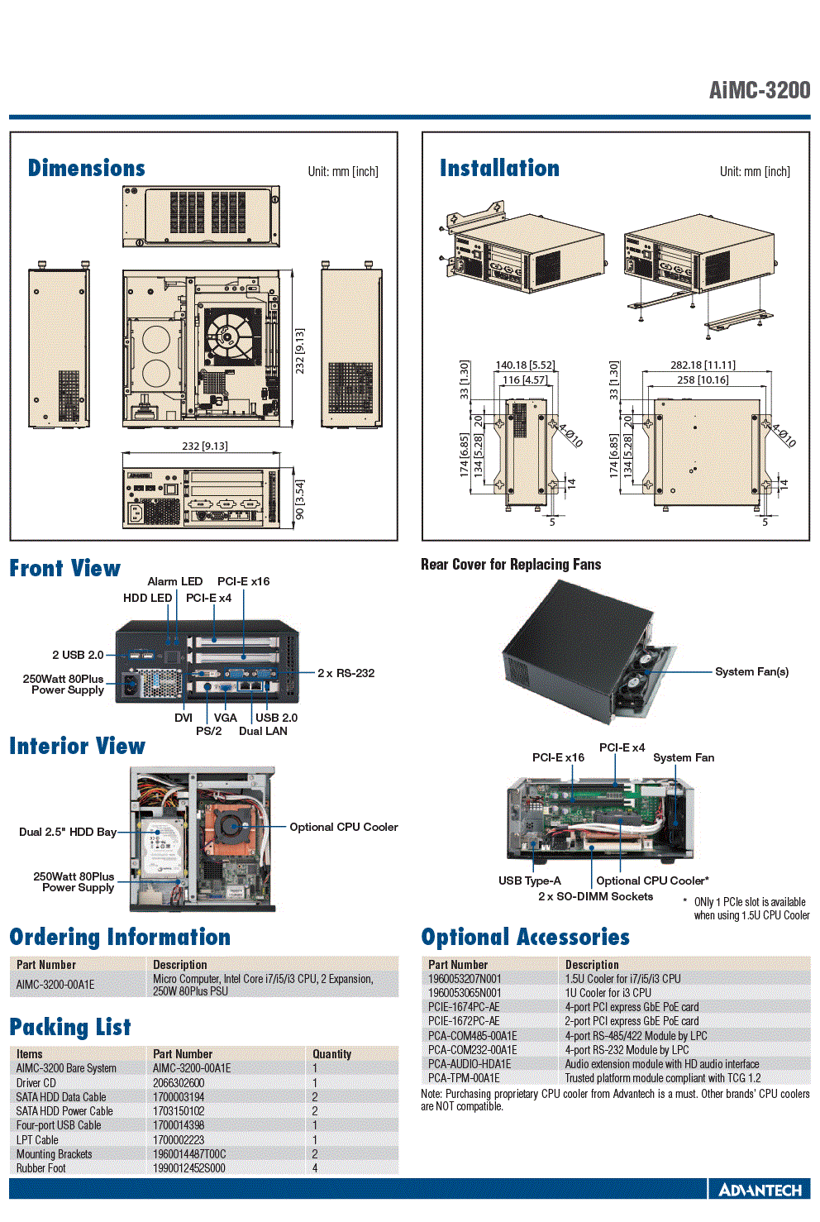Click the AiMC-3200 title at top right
click(760, 90)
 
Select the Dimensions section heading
click(86, 168)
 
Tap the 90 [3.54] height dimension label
click(299, 499)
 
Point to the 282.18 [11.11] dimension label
click(703, 365)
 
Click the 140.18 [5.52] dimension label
click(525, 365)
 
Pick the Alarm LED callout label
click(174, 581)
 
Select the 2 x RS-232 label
click(346, 673)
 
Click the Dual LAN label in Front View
click(263, 731)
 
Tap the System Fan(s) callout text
click(751, 671)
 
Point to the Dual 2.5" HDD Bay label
click(68, 832)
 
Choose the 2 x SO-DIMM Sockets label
click(595, 896)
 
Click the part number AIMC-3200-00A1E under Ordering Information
click(55, 985)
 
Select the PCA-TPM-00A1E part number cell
click(464, 1078)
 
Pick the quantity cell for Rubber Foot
click(315, 1168)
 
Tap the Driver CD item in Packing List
click(36, 1083)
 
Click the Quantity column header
click(331, 1054)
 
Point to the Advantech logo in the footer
click(760, 1190)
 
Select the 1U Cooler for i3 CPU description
click(608, 993)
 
